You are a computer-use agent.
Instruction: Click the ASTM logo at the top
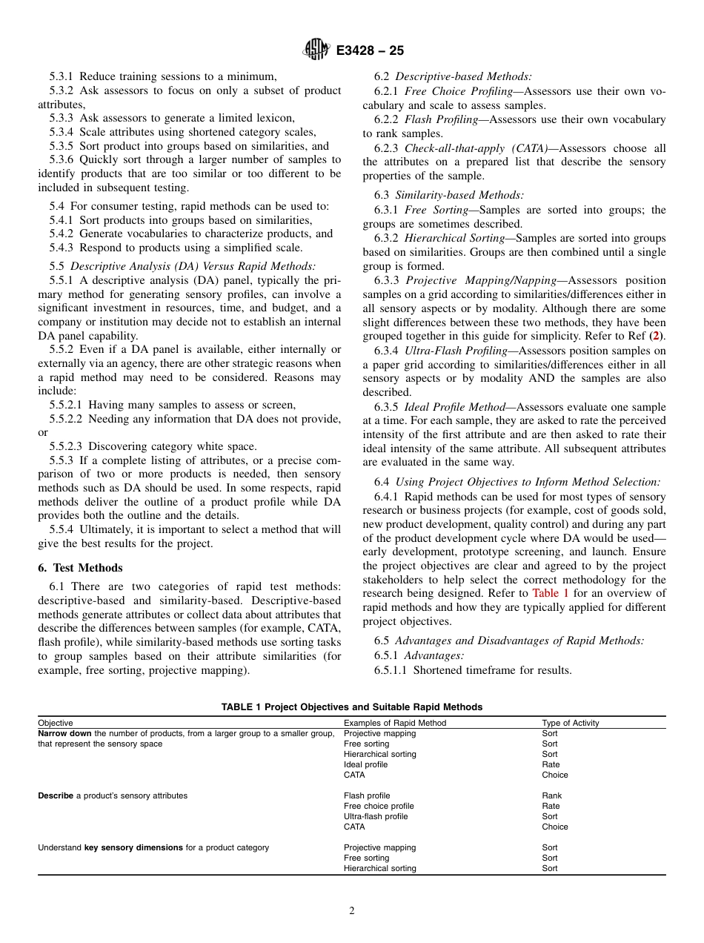pos(316,50)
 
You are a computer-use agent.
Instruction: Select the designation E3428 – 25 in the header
pos(370,51)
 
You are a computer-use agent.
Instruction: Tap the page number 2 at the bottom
pos(352,911)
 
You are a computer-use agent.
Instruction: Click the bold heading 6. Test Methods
pos(80,567)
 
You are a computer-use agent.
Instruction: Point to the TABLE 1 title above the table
pos(352,707)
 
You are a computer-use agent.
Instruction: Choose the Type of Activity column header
pos(570,723)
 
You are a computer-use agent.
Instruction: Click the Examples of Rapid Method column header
pos(395,723)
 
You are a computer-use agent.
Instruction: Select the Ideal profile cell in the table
pos(365,764)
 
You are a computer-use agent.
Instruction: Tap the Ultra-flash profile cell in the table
pos(376,816)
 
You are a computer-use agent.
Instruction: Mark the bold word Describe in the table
pos(56,795)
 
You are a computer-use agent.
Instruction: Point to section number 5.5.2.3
pos(68,446)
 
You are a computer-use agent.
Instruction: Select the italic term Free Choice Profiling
pos(459,91)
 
